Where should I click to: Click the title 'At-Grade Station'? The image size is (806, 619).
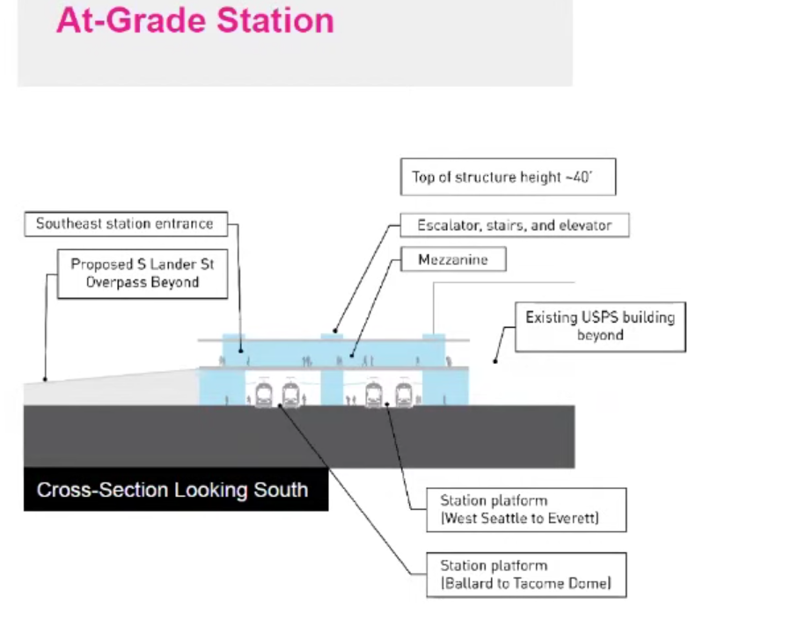coord(194,19)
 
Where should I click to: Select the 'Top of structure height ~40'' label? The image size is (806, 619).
coord(508,177)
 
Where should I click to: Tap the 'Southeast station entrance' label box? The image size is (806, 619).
coord(125,224)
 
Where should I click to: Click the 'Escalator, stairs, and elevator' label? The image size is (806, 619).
coord(515,225)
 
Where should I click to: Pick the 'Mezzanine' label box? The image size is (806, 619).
coord(453,259)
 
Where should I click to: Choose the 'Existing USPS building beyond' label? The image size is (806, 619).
coord(600,326)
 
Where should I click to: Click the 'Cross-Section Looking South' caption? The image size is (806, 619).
coord(172,490)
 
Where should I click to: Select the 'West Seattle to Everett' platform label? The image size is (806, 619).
coord(520,518)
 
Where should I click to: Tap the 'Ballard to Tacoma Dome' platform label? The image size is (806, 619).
coord(525,583)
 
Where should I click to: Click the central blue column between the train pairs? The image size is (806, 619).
coord(333,388)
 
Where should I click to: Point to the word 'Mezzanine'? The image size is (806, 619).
coord(453,259)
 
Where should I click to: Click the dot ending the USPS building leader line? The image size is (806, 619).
coord(495,360)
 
